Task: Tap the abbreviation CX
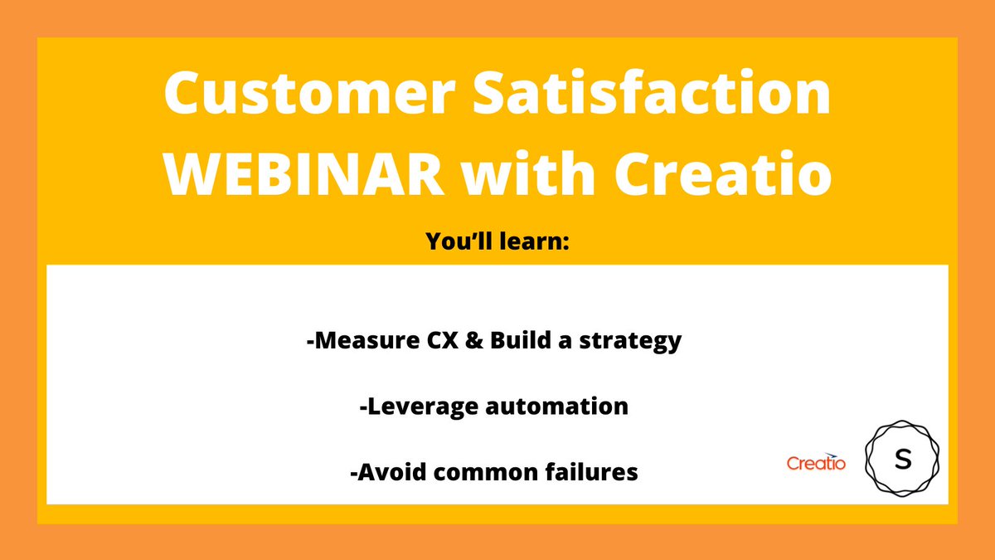point(439,341)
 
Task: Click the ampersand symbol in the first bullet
point(475,341)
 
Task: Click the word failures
point(592,472)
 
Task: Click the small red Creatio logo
point(816,464)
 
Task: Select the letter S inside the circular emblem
point(902,460)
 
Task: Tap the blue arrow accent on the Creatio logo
point(832,454)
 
